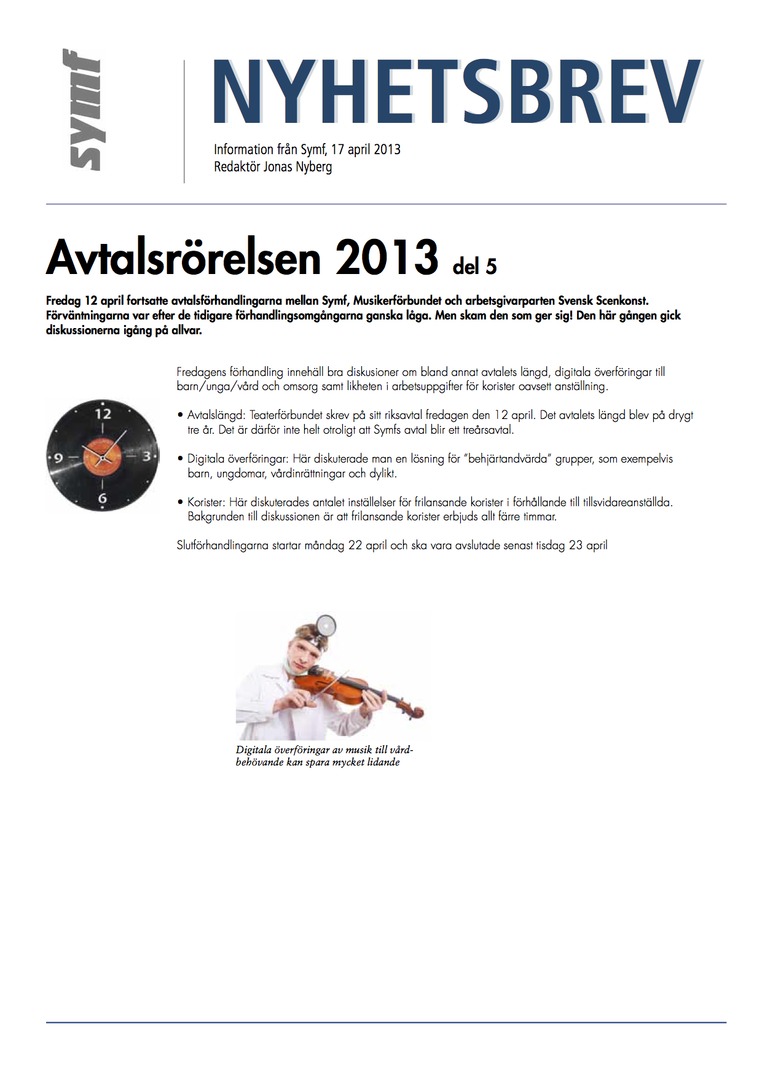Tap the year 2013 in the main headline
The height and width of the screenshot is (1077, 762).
pos(387,257)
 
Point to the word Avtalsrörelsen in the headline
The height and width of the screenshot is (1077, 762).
pos(183,257)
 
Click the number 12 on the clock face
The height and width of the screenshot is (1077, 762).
pos(103,414)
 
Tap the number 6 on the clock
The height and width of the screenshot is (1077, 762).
pos(103,498)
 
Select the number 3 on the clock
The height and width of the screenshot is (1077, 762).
pos(146,456)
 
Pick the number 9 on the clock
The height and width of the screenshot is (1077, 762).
pos(59,458)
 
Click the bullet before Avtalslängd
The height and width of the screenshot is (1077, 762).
pos(181,415)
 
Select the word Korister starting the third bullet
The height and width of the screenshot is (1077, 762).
pos(206,502)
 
